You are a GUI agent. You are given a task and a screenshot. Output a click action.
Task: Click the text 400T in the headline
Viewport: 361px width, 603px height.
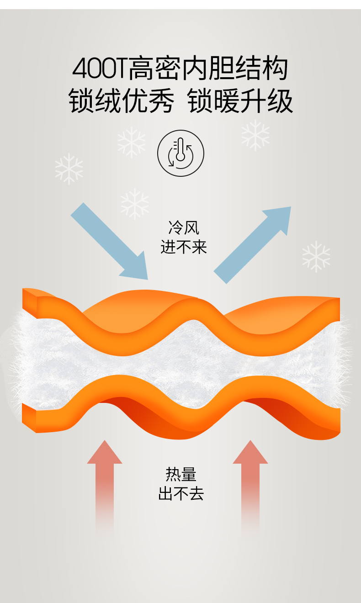pyautogui.click(x=100, y=69)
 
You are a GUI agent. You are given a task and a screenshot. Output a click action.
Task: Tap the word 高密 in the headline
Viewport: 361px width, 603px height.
pyautogui.click(x=155, y=69)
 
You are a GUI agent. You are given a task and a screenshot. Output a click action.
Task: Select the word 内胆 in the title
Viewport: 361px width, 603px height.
pyautogui.click(x=208, y=69)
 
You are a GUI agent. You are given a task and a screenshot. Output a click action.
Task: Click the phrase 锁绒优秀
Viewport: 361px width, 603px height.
pyautogui.click(x=122, y=100)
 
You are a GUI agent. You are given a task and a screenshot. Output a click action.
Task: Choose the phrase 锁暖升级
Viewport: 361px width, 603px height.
pyautogui.click(x=240, y=100)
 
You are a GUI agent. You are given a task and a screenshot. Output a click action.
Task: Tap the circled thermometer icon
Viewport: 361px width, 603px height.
pyautogui.click(x=180, y=153)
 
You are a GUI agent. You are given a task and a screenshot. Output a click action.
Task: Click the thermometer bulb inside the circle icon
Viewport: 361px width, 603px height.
pyautogui.click(x=180, y=157)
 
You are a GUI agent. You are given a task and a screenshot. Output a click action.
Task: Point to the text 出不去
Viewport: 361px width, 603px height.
pyautogui.click(x=181, y=494)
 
